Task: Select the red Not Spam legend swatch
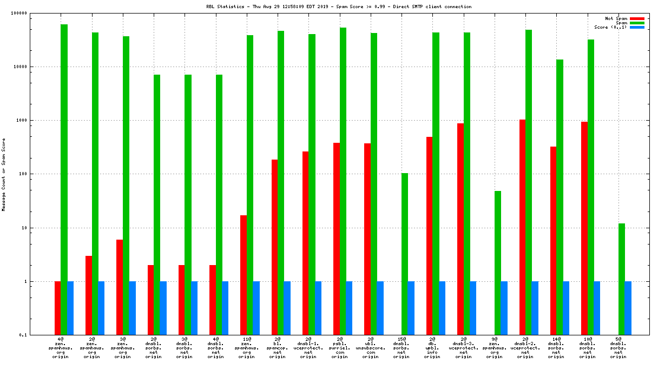[637, 18]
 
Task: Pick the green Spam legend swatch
[637, 23]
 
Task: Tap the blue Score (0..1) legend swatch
[637, 27]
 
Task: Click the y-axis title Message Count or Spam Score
[4, 174]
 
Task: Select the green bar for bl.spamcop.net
[281, 183]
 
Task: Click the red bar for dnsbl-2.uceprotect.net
[522, 227]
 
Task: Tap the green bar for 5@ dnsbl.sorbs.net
[622, 279]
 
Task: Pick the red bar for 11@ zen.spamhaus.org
[244, 275]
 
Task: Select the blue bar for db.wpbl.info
[442, 308]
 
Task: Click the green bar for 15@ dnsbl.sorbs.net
[405, 254]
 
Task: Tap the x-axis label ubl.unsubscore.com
[370, 348]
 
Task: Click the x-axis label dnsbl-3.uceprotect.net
[463, 348]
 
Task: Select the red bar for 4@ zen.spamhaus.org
[57, 308]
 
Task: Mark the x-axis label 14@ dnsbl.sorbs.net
[556, 348]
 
